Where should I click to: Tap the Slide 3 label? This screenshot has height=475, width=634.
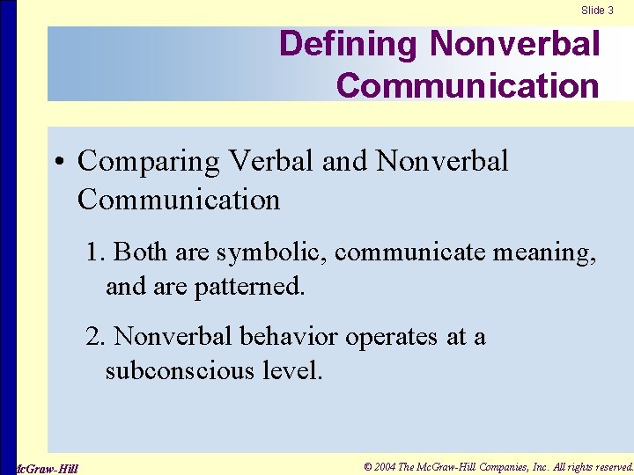point(597,11)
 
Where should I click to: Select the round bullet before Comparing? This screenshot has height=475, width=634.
point(58,163)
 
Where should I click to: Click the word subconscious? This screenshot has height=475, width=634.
point(181,370)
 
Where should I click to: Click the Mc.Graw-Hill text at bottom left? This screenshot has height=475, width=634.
point(48,468)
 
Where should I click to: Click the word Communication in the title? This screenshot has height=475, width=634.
point(468,85)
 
